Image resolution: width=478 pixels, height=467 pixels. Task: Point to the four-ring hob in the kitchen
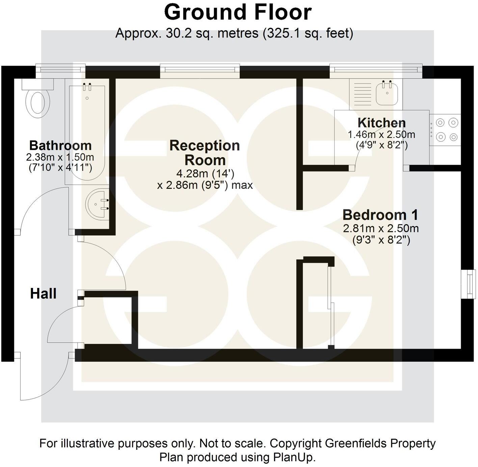pyautogui.click(x=445, y=129)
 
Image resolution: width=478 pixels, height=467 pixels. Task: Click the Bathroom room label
pyautogui.click(x=60, y=145)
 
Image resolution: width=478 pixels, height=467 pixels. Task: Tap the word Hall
pyautogui.click(x=43, y=293)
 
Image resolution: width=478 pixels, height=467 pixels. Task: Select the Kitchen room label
pyautogui.click(x=381, y=123)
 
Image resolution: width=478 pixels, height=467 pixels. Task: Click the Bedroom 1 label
pyautogui.click(x=380, y=215)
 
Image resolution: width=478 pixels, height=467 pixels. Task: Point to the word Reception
pyautogui.click(x=205, y=145)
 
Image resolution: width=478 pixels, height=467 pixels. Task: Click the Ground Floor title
pyautogui.click(x=238, y=12)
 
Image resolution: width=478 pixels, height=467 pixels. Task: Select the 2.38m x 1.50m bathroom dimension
pyautogui.click(x=60, y=157)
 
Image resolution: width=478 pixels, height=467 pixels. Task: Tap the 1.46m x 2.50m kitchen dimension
pyautogui.click(x=381, y=135)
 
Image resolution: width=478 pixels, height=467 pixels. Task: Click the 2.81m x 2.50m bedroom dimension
pyautogui.click(x=381, y=229)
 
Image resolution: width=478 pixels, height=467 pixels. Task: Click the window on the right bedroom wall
pyautogui.click(x=469, y=284)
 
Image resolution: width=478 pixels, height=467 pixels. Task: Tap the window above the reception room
pyautogui.click(x=200, y=69)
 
